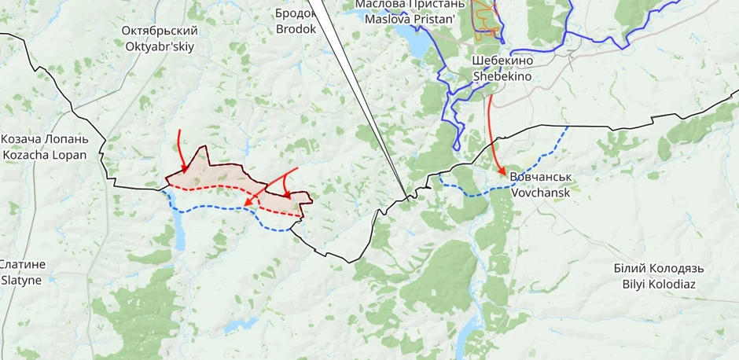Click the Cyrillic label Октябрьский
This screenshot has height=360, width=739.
pos(160,31)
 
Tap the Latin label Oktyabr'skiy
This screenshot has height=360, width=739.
pos(160,46)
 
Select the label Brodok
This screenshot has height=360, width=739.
pos(296,29)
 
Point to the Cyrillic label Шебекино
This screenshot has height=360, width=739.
pos(502,61)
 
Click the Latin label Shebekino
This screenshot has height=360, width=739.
pos(502,77)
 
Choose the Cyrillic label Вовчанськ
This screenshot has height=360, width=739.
pos(541,177)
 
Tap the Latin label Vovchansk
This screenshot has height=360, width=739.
pos(541,192)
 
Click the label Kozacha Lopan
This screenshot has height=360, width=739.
pos(44,155)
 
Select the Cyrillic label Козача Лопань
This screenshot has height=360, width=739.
pos(44,139)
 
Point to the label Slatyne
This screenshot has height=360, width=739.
pos(22,280)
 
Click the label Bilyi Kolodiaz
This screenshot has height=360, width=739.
pos(659,284)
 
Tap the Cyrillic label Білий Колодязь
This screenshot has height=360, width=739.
pos(659,268)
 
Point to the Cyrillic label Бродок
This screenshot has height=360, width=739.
pos(296,13)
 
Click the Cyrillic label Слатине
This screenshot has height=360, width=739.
pos(22,264)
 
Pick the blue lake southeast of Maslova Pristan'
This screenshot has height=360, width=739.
pos(418,43)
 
